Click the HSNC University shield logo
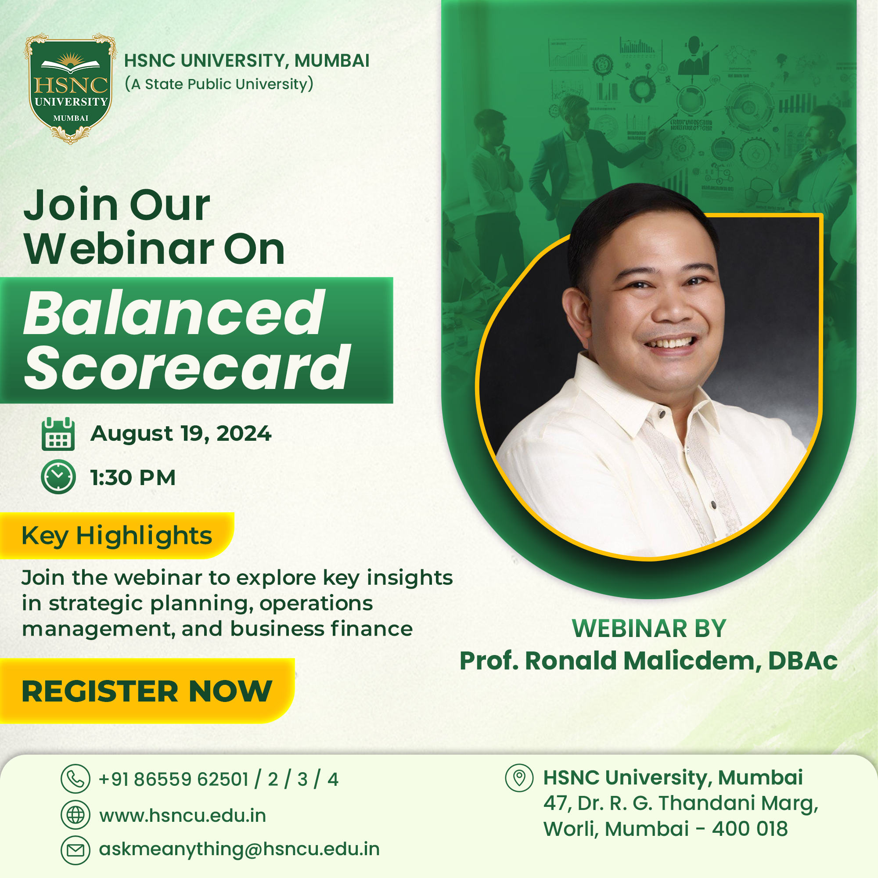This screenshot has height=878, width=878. [70, 89]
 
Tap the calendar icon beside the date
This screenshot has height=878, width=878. [58, 434]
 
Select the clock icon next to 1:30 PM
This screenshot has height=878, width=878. [58, 477]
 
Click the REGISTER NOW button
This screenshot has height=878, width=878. [147, 691]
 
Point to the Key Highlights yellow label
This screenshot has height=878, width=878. [117, 535]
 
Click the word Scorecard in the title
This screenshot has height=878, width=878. [187, 367]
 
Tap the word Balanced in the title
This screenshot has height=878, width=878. [174, 313]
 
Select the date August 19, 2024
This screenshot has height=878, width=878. [181, 434]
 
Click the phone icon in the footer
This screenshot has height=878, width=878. [76, 779]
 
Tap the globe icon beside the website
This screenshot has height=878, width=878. [76, 815]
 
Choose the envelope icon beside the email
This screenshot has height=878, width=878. [76, 850]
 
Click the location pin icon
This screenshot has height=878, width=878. [519, 778]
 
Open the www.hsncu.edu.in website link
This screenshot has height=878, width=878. [183, 815]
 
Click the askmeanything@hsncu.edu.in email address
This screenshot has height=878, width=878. [240, 849]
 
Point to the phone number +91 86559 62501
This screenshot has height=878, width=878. [173, 779]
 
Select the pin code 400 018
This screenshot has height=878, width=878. [750, 829]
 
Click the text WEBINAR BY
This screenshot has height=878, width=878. [649, 629]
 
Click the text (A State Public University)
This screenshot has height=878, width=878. [219, 84]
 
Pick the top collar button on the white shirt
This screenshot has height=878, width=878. [662, 414]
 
